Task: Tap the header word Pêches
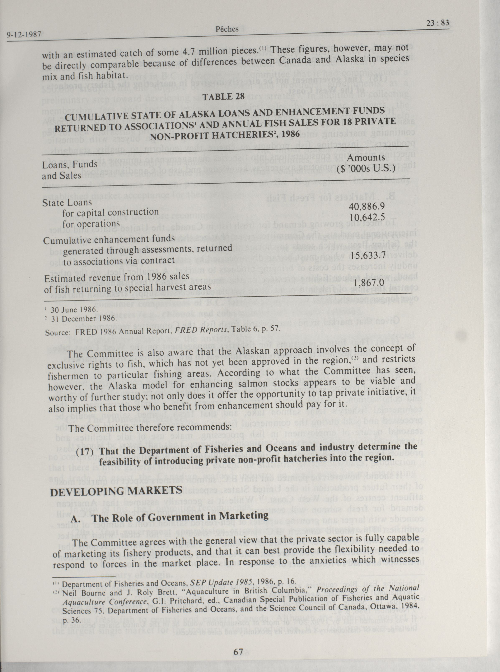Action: click(227, 29)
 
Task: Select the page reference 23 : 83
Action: click(437, 23)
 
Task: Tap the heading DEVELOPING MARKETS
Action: click(116, 491)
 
